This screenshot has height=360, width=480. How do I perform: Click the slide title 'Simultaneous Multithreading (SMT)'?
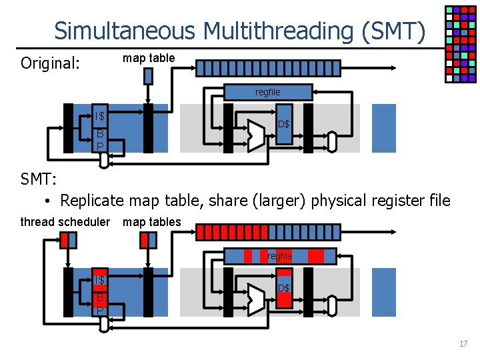239,31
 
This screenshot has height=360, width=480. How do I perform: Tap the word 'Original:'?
50,64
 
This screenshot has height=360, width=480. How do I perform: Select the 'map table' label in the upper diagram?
149,58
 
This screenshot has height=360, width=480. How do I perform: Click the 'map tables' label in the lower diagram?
151,221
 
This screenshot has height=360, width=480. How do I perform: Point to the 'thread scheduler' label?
65,221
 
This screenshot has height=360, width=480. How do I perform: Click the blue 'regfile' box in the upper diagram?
268,92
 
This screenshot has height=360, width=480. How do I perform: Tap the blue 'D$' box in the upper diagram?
284,125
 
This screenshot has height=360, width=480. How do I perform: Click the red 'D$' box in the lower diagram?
284,288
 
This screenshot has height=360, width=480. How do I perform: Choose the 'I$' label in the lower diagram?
100,279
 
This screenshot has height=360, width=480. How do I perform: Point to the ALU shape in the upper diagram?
255,136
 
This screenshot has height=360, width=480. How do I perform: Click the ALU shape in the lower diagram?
255,299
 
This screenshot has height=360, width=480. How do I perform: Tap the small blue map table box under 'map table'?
148,76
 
